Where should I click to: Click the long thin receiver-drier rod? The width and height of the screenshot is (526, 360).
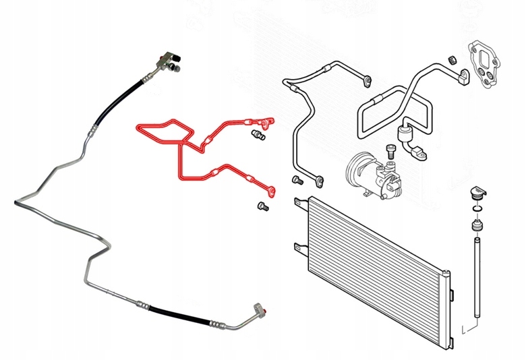pyautogui.click(x=478, y=277)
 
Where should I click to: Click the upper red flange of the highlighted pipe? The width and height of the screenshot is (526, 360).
pyautogui.click(x=270, y=122)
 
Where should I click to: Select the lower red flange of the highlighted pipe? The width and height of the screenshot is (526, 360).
pyautogui.click(x=272, y=190)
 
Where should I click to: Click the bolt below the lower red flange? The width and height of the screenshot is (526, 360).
pyautogui.click(x=263, y=208)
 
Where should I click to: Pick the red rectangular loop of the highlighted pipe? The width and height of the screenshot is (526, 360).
pyautogui.click(x=162, y=131)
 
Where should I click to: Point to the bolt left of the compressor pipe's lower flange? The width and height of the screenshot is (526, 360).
pyautogui.click(x=297, y=180)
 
